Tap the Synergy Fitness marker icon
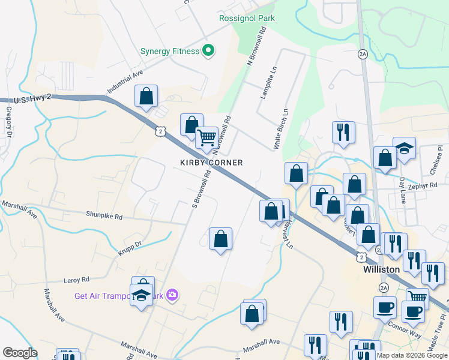coord(208,51)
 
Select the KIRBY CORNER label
coord(212,163)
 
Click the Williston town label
coord(382,269)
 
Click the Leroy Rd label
coord(76,280)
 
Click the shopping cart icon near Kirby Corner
coord(206,138)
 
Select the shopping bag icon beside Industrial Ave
coord(146,95)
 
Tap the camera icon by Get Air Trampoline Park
coord(173,294)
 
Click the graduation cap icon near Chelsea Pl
coord(405,148)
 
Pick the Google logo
coord(20,353)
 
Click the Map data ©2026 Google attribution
coord(411,355)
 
